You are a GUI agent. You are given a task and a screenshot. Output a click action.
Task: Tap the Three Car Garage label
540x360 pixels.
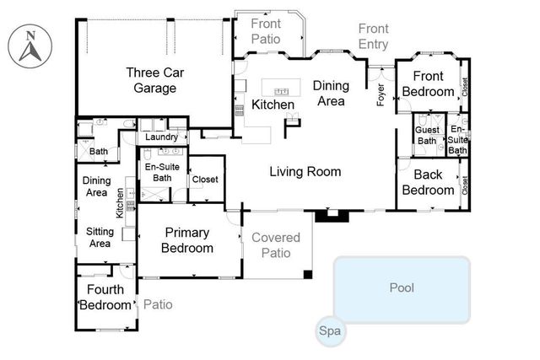(x=152, y=79)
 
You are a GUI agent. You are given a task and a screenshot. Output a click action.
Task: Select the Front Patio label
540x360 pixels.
(x=269, y=31)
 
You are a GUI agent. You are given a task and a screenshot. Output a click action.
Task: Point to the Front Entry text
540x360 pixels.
(x=374, y=36)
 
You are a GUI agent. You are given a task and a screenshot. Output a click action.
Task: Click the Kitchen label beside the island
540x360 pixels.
(x=273, y=105)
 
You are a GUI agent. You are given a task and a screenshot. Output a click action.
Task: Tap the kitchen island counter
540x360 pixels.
(x=282, y=87)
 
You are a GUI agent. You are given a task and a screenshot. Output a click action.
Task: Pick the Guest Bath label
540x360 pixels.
(x=426, y=135)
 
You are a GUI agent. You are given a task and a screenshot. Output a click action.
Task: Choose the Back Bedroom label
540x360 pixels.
(x=427, y=182)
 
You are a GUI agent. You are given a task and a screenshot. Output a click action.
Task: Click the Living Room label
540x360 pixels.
(x=305, y=172)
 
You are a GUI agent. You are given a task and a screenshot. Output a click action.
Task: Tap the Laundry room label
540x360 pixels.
(x=161, y=137)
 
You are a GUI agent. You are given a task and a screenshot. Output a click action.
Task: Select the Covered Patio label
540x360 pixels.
(x=276, y=244)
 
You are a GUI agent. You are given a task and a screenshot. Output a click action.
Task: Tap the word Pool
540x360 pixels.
(x=402, y=288)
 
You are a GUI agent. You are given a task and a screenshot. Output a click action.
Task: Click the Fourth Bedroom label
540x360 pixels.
(x=105, y=297)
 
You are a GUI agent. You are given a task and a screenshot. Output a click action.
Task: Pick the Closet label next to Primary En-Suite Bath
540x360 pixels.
(x=205, y=179)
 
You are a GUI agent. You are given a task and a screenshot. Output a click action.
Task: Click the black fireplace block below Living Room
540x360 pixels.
(x=331, y=217)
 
